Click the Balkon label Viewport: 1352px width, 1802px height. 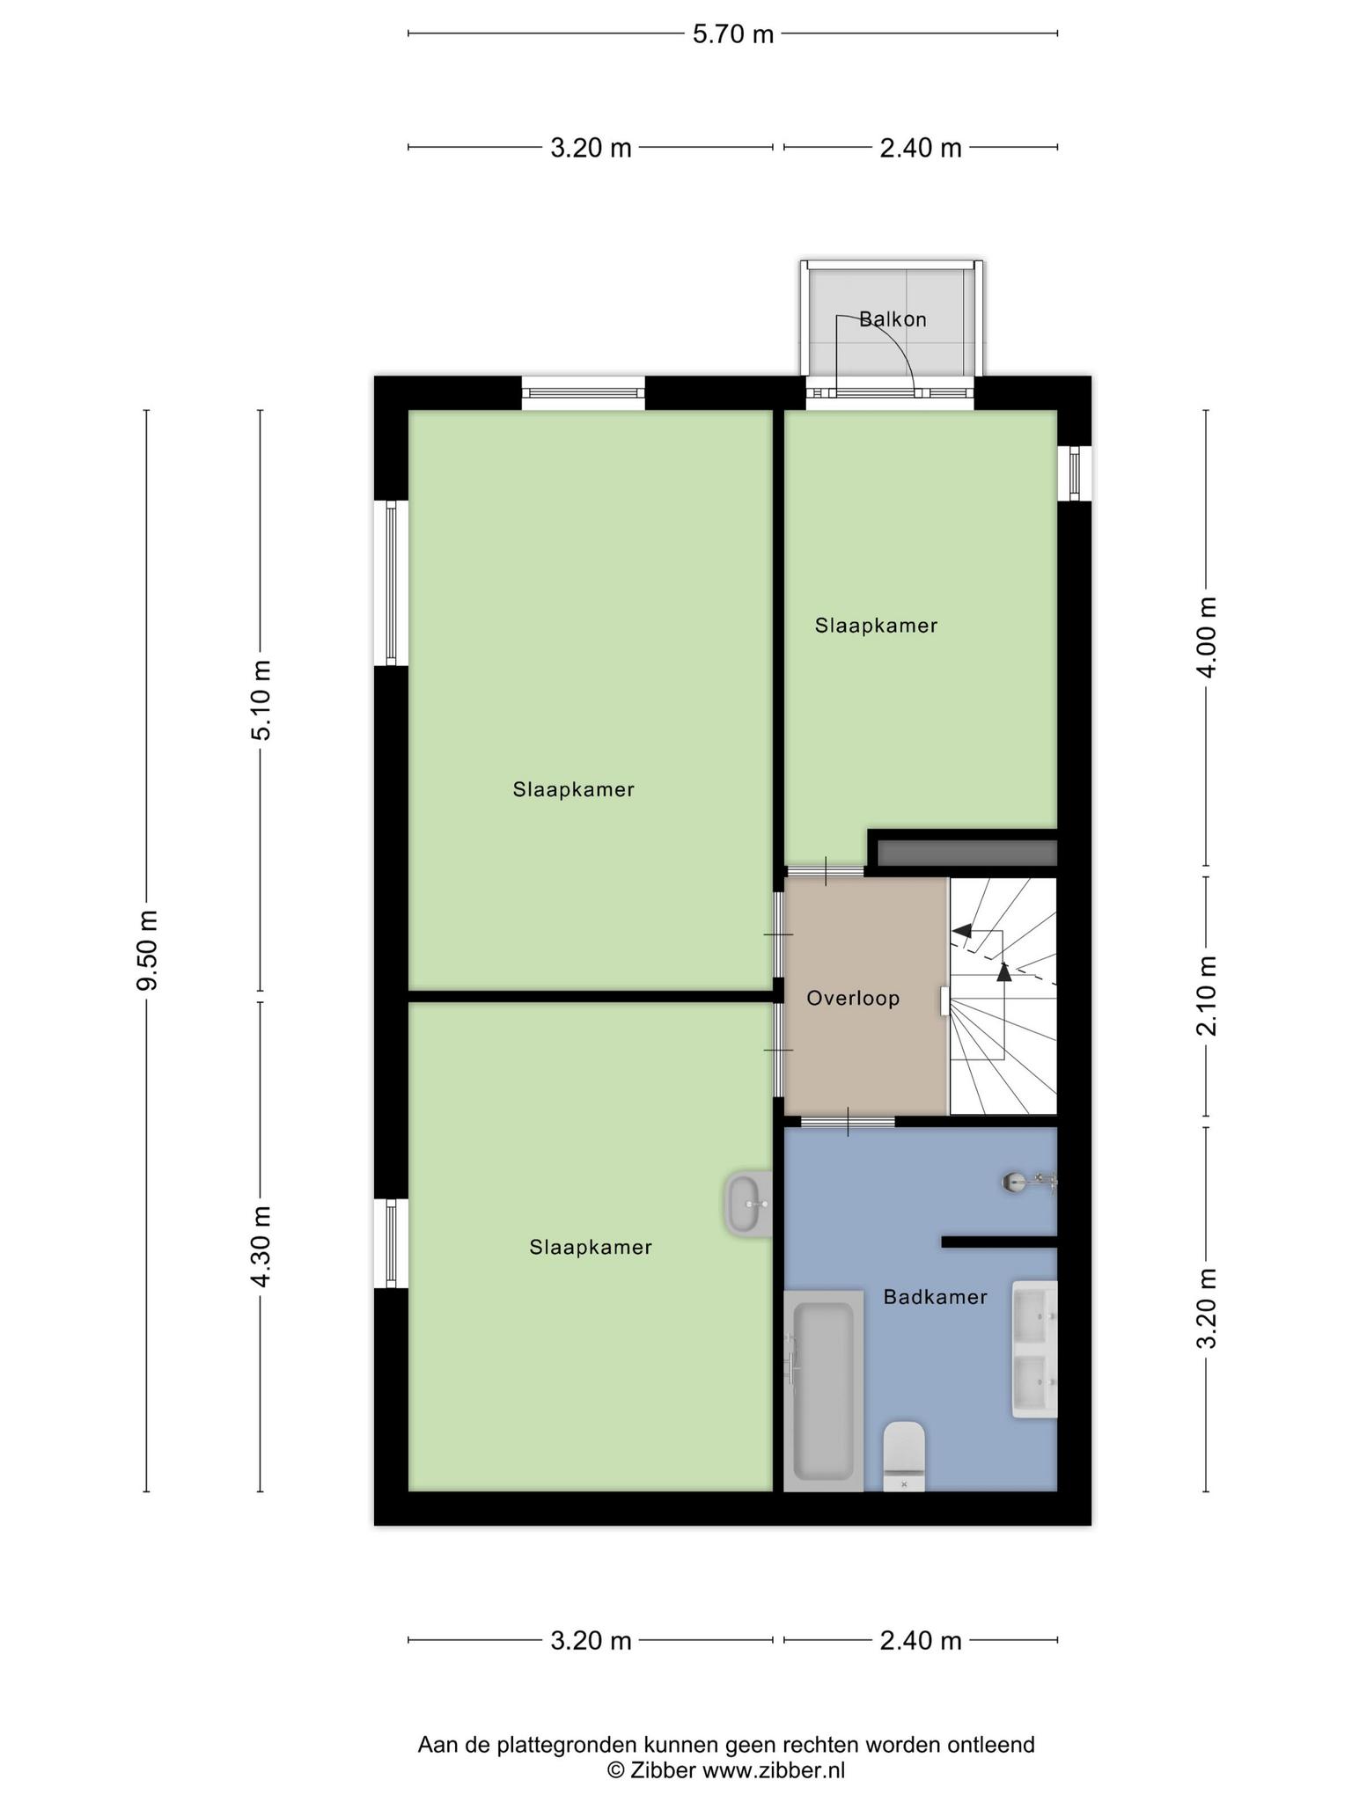[x=893, y=319]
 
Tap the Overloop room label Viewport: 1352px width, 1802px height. [x=853, y=999]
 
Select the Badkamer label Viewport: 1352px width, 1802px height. [x=935, y=1297]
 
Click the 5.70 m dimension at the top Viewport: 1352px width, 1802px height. [x=732, y=34]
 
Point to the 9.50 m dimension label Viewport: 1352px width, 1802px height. [x=147, y=950]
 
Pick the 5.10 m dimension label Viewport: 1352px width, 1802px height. [x=261, y=700]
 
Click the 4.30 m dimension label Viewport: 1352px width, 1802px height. [x=261, y=1247]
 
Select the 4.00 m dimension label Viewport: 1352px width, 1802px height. [x=1207, y=637]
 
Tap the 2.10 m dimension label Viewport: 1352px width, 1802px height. [x=1207, y=996]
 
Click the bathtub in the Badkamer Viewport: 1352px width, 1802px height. [x=823, y=1391]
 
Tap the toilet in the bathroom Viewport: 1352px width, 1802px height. [x=904, y=1456]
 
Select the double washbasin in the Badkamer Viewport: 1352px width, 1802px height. [x=1034, y=1349]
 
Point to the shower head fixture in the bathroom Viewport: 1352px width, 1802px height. [x=1028, y=1182]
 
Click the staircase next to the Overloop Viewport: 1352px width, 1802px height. [x=1003, y=996]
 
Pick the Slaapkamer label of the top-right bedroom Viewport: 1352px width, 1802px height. [x=876, y=626]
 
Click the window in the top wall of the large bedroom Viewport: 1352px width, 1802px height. [x=583, y=392]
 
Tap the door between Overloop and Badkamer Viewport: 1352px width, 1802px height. [x=848, y=1121]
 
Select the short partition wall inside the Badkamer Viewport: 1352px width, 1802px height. [x=999, y=1242]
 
